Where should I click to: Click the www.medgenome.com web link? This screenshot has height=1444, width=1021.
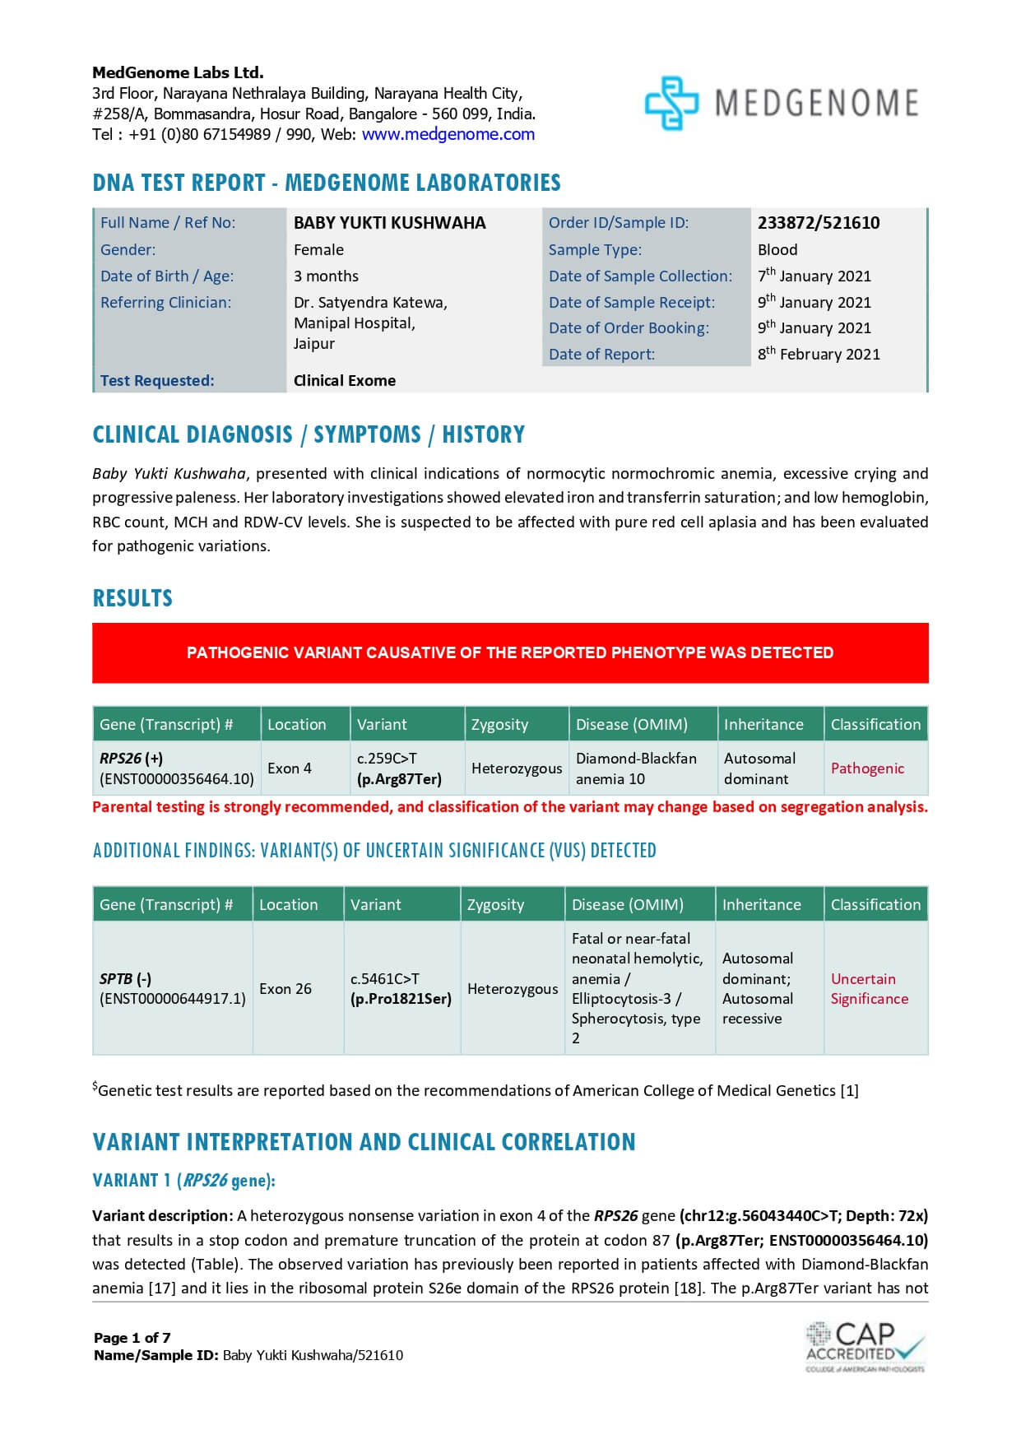pos(448,134)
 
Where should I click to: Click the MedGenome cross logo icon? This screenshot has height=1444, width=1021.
pos(671,103)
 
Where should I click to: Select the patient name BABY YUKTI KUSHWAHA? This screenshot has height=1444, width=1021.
pos(389,223)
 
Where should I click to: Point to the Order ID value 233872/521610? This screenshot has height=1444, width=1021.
pos(818,223)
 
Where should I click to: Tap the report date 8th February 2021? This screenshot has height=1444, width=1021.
pos(818,355)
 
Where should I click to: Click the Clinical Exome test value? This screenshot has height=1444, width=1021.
pos(344,381)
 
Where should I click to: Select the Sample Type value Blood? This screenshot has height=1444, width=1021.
pos(777,250)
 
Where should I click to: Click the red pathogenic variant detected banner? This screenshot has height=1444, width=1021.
pos(510,653)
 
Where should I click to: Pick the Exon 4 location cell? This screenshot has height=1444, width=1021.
pos(289,768)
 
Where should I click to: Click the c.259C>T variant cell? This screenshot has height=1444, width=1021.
pos(398,768)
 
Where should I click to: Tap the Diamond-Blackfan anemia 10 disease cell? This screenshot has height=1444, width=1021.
pos(635,768)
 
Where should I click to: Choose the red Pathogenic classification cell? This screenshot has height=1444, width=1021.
pos(866,768)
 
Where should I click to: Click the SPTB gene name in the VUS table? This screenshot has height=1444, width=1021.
pos(116,979)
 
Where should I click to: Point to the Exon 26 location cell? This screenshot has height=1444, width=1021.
pos(285,989)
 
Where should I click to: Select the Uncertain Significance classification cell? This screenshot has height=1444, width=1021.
pos(869,989)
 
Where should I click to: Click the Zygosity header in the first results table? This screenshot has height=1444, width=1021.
pos(499,725)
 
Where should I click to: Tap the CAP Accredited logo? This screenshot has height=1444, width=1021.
pos(865,1346)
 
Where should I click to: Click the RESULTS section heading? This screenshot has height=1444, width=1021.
pos(132,598)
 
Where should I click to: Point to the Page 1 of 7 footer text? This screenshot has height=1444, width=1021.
pos(132,1338)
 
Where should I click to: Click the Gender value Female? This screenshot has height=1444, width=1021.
pos(318,250)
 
